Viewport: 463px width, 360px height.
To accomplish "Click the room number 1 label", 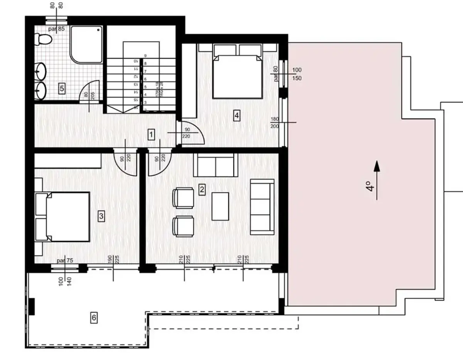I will coord(152,135).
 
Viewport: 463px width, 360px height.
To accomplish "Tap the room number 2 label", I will coord(201,189).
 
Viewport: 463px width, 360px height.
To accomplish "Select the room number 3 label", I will coord(101,216).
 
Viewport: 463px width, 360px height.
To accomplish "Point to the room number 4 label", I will coord(237,115).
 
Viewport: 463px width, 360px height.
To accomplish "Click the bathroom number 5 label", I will coord(62,89).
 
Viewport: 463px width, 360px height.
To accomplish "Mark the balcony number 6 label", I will coord(94,318).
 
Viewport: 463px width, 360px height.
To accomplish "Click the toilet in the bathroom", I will coord(42,39).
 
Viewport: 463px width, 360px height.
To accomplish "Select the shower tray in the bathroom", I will coord(86,44).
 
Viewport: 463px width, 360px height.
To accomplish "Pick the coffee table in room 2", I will coord(220,206).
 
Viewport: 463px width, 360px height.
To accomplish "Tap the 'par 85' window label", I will coord(56,29).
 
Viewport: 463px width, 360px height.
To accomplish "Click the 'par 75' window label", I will coord(64,261).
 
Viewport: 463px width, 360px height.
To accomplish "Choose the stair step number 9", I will coord(145,56).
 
